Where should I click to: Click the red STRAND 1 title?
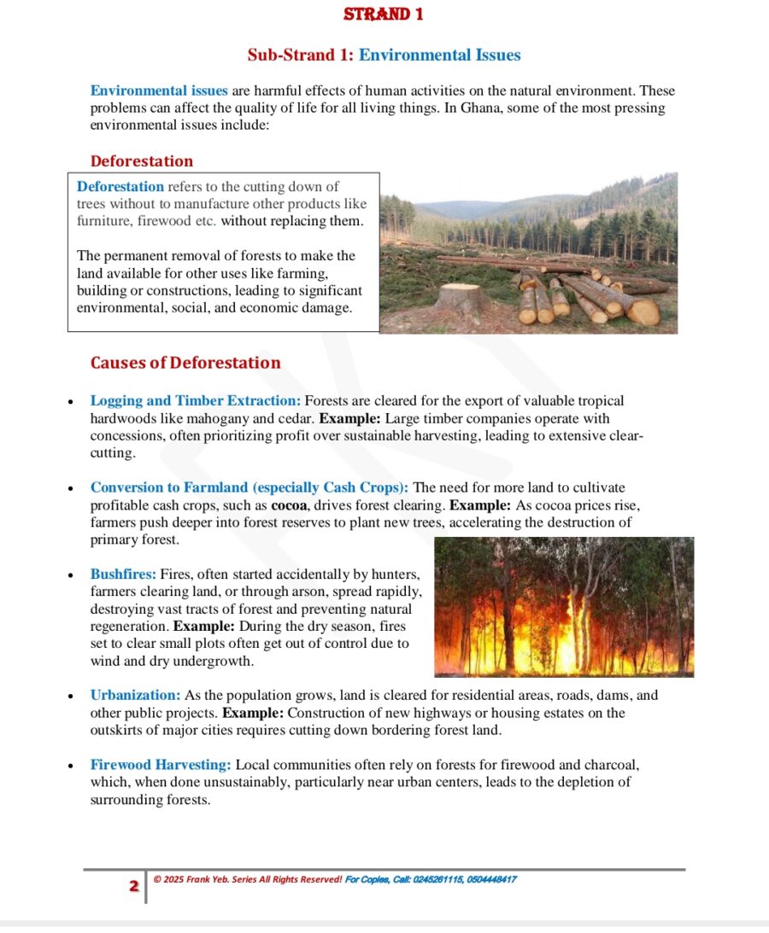click(x=383, y=15)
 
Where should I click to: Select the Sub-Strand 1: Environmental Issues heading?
click(x=384, y=55)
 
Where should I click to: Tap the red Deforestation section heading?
click(x=142, y=161)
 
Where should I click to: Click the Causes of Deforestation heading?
click(x=185, y=363)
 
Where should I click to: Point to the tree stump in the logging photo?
click(x=461, y=299)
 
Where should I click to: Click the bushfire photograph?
click(x=564, y=607)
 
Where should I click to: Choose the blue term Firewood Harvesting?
click(x=161, y=765)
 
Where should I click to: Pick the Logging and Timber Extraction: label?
click(x=196, y=400)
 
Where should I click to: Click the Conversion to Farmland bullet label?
click(x=249, y=487)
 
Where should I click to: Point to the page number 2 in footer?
click(x=133, y=886)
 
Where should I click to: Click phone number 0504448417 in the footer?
click(x=491, y=879)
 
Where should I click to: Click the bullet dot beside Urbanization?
click(x=71, y=697)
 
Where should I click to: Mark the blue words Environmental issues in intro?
click(x=159, y=90)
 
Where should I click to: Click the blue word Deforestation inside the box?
click(x=120, y=186)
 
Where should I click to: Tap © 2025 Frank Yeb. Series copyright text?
click(x=248, y=879)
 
